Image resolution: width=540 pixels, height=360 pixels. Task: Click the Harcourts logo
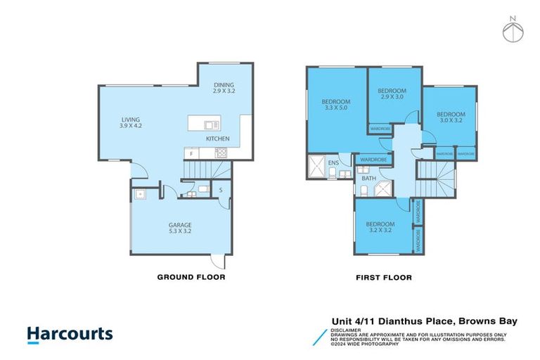pyautogui.click(x=70, y=333)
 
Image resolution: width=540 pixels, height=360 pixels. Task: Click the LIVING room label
pyautogui.click(x=131, y=122)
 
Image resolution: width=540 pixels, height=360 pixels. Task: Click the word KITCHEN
pyautogui.click(x=217, y=139)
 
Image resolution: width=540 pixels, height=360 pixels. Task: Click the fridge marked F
pyautogui.click(x=191, y=153)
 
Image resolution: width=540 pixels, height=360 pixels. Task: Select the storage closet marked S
pyautogui.click(x=221, y=190)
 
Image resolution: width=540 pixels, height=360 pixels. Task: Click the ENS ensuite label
pyautogui.click(x=334, y=163)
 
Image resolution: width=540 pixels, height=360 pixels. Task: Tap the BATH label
pyautogui.click(x=368, y=179)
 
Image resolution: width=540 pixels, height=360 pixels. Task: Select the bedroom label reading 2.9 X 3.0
pyautogui.click(x=392, y=94)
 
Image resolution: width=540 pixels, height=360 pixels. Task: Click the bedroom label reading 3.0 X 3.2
pyautogui.click(x=451, y=117)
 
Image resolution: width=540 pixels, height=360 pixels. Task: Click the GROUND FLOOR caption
pyautogui.click(x=191, y=278)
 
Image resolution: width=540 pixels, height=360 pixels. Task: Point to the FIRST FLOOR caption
pyautogui.click(x=384, y=278)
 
